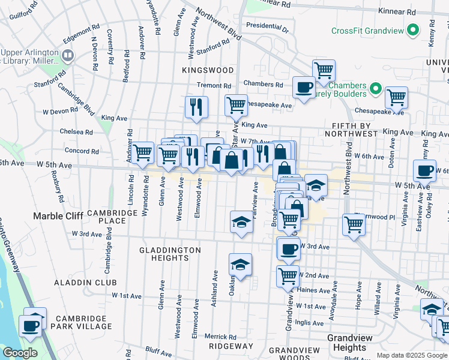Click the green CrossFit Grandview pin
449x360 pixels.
click(413, 29)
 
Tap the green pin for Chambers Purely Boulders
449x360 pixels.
click(376, 89)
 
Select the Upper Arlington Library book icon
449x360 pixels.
click(68, 56)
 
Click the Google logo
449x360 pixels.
click(20, 353)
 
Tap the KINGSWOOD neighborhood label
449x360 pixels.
click(207, 70)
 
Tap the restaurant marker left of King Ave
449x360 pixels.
click(196, 107)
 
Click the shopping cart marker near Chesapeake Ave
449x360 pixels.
click(236, 105)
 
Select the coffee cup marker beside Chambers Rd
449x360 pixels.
click(303, 88)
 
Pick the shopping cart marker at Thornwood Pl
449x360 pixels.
click(354, 225)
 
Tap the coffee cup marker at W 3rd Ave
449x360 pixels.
click(288, 248)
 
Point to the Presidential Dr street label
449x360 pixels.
click(267, 27)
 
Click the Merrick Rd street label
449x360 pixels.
click(223, 337)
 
